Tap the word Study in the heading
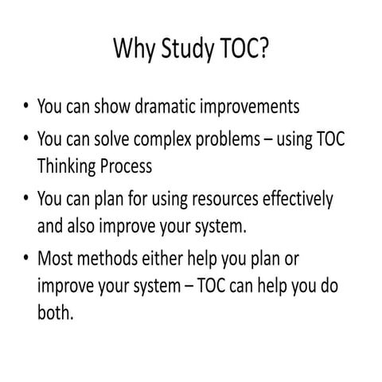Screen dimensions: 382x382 [187, 51]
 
